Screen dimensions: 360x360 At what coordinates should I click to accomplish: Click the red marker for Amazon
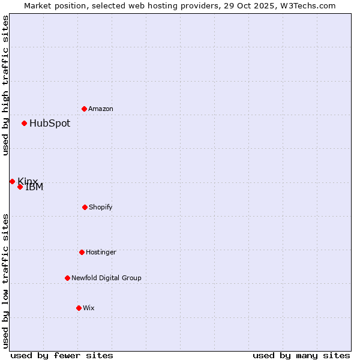click(x=85, y=109)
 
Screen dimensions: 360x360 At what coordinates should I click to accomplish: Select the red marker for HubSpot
click(x=25, y=124)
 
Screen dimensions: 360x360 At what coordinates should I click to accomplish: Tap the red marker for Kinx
click(x=12, y=181)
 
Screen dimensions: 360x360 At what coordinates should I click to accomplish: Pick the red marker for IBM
click(x=20, y=187)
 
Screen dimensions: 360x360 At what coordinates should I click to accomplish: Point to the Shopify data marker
click(x=85, y=208)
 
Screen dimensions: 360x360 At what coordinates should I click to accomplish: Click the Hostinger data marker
click(x=82, y=252)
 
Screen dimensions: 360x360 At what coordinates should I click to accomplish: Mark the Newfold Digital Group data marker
click(x=67, y=278)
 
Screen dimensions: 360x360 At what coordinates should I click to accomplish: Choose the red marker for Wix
click(x=79, y=308)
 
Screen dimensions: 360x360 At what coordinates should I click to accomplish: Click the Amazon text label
click(x=101, y=109)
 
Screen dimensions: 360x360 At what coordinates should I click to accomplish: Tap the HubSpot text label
click(x=50, y=124)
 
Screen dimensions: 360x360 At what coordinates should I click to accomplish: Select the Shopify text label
click(x=101, y=208)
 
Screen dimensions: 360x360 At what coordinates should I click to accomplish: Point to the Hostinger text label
click(x=101, y=253)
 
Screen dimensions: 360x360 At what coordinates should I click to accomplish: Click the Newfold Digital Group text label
click(x=106, y=278)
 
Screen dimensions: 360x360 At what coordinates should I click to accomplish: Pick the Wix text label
click(x=89, y=308)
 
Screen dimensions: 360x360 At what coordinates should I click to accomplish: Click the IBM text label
click(x=35, y=187)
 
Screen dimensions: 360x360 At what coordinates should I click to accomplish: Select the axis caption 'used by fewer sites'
click(x=62, y=355)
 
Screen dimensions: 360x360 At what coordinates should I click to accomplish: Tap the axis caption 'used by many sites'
click(x=301, y=355)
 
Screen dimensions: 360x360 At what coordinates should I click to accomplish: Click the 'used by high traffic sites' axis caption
click(x=5, y=85)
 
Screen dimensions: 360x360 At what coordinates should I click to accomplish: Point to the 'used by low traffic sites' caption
click(x=5, y=281)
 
